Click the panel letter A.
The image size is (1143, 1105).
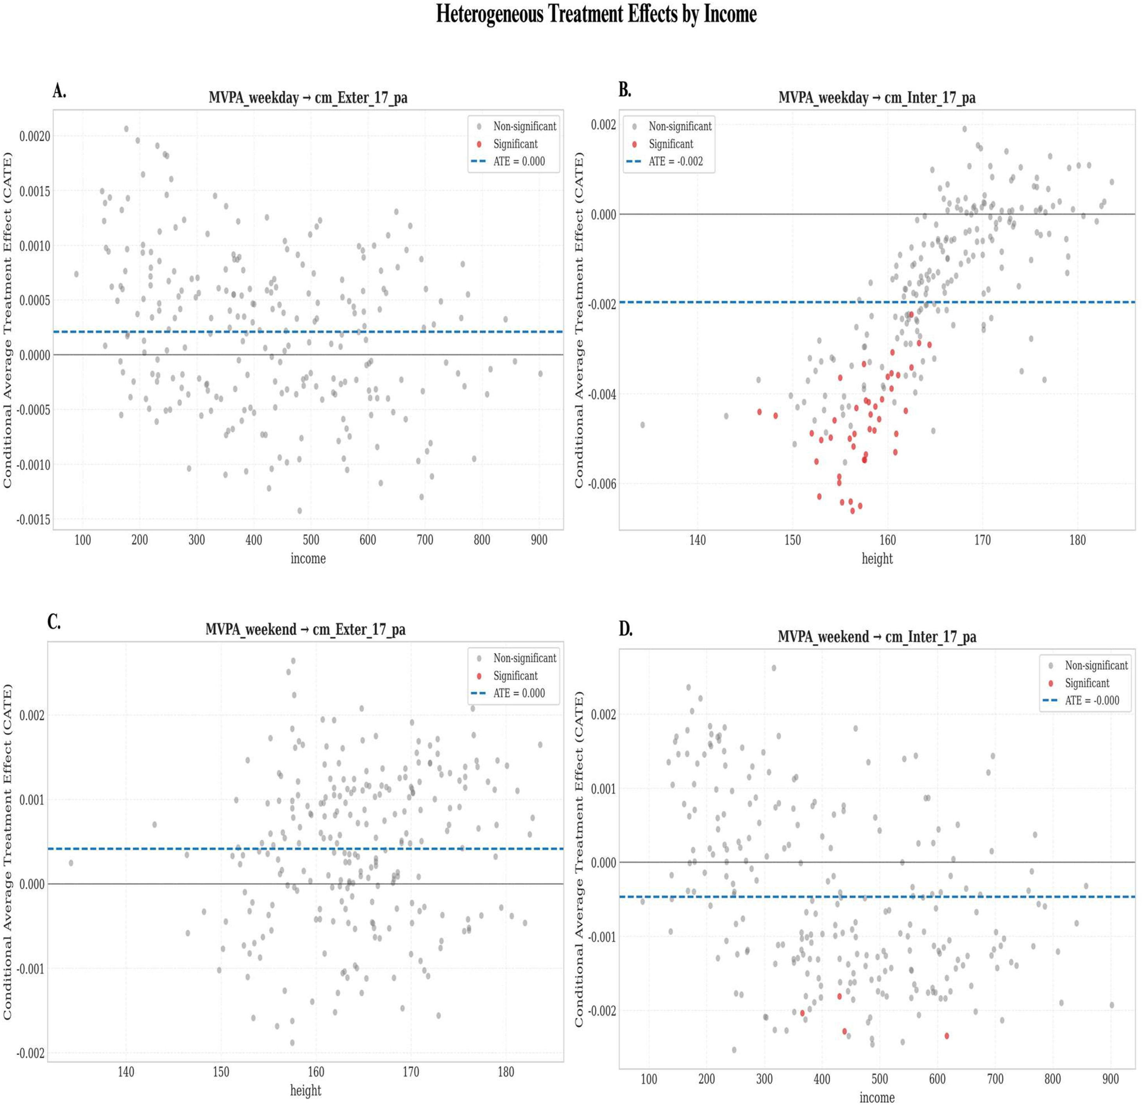click(x=59, y=91)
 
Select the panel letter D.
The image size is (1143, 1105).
click(x=626, y=629)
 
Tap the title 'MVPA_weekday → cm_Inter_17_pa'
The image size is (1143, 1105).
click(x=876, y=97)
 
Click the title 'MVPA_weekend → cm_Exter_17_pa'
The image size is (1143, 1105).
click(x=305, y=629)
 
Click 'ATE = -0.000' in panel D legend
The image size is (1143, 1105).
click(x=1092, y=700)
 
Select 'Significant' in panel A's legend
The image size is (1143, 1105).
click(x=515, y=144)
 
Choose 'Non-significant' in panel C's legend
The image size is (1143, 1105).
click(x=525, y=658)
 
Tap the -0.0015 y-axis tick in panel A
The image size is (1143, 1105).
click(x=33, y=519)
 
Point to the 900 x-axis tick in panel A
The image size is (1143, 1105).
click(x=539, y=540)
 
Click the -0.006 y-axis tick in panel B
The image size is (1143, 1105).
click(x=602, y=484)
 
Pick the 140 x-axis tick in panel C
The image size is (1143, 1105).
click(x=126, y=1072)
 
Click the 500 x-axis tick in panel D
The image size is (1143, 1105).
click(x=879, y=1079)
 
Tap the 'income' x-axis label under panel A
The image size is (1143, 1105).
click(x=308, y=558)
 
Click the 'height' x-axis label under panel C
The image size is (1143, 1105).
click(x=306, y=1090)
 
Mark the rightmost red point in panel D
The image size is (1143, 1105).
click(x=946, y=1035)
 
